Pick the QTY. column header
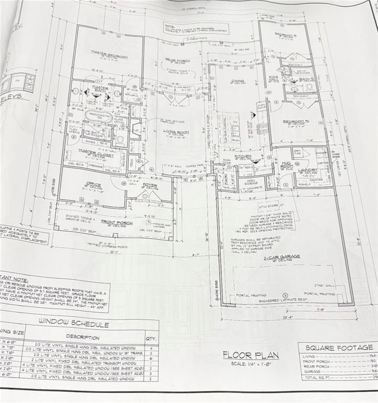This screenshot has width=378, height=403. click(x=151, y=339)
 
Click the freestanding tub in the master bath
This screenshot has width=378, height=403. click(x=98, y=116)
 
